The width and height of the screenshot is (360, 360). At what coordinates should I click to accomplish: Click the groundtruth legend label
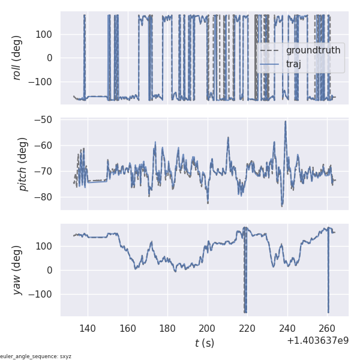(313, 50)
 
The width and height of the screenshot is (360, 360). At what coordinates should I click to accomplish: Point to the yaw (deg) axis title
(18, 270)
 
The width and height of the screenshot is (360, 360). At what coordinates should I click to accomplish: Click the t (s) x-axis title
(204, 343)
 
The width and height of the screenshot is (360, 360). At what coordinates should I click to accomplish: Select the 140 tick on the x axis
(88, 328)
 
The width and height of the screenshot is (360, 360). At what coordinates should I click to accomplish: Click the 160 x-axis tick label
(128, 328)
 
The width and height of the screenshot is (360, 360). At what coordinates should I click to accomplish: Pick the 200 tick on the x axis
(208, 328)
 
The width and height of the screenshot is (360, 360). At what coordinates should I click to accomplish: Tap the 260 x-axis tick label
(328, 328)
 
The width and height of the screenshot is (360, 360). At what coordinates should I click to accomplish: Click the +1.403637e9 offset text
(317, 341)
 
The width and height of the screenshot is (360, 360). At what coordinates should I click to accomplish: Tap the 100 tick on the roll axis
(45, 34)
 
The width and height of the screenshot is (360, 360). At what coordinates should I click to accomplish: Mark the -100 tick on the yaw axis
(42, 295)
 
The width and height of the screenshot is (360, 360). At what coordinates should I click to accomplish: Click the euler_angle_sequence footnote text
(36, 356)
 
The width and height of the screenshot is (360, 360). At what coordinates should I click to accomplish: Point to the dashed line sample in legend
(271, 50)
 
